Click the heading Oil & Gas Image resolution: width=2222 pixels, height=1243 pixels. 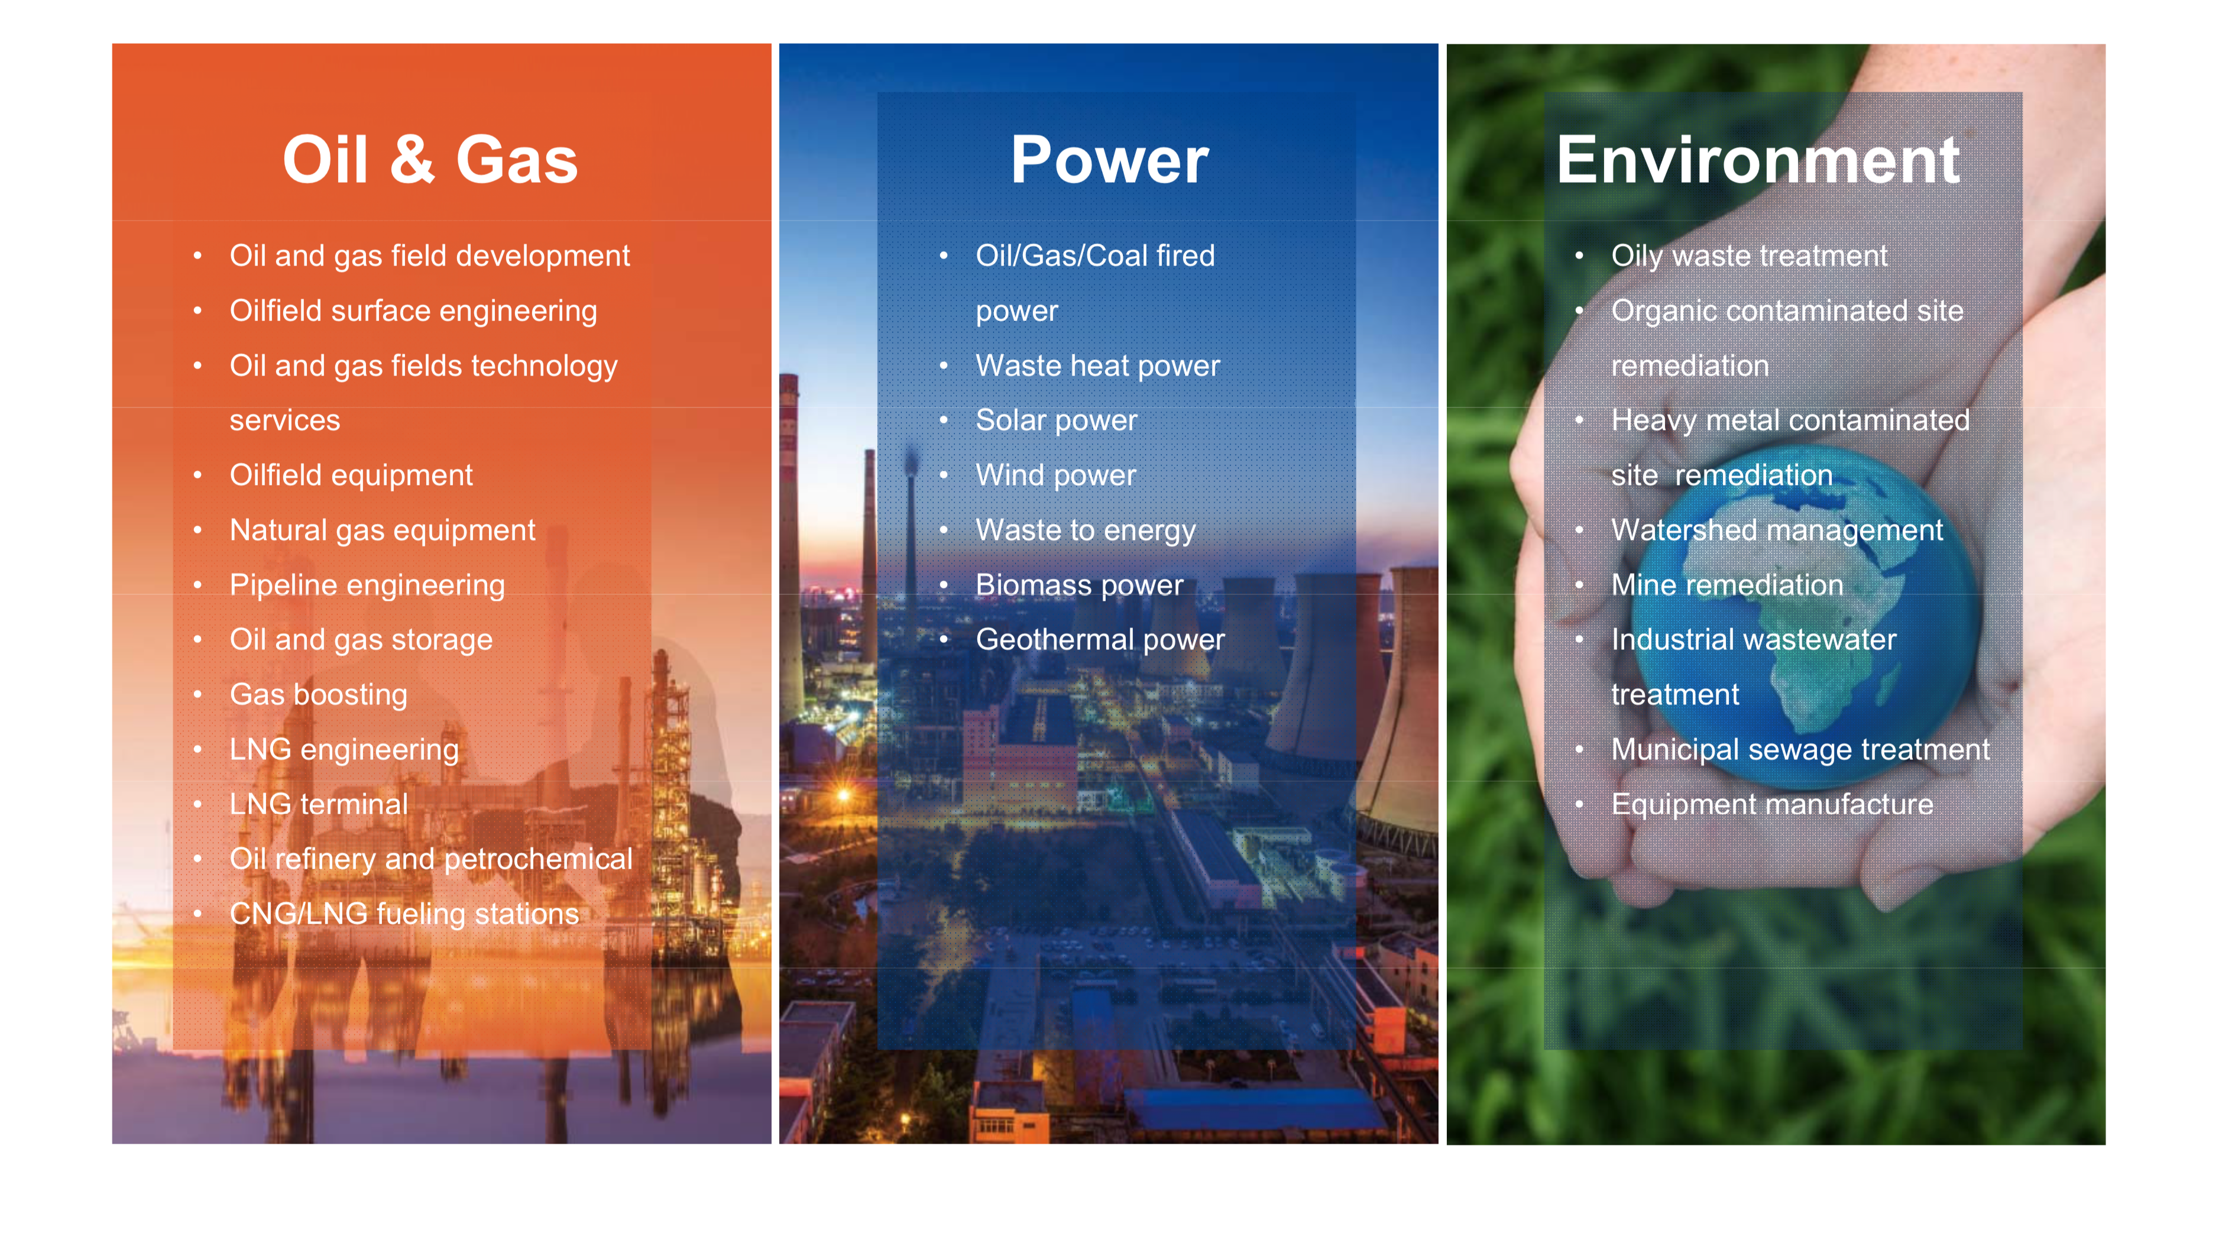[430, 160]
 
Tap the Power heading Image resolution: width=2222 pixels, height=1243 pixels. [1109, 160]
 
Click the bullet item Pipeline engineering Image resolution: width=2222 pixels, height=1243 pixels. [367, 585]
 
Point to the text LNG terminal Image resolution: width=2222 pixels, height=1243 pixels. [318, 804]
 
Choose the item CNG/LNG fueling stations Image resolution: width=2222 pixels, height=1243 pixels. [404, 914]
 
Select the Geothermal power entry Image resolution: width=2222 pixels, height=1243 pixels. [1100, 640]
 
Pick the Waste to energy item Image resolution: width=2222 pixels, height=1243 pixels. [1085, 530]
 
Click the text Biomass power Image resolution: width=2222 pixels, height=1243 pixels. [1079, 585]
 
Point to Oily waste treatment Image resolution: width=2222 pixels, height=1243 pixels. [1750, 256]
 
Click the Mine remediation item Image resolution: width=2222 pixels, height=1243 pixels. [1727, 585]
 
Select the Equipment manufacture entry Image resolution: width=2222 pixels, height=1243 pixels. [1771, 805]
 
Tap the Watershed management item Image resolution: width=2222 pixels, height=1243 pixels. [1777, 530]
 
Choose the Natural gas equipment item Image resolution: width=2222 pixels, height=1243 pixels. [382, 530]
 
